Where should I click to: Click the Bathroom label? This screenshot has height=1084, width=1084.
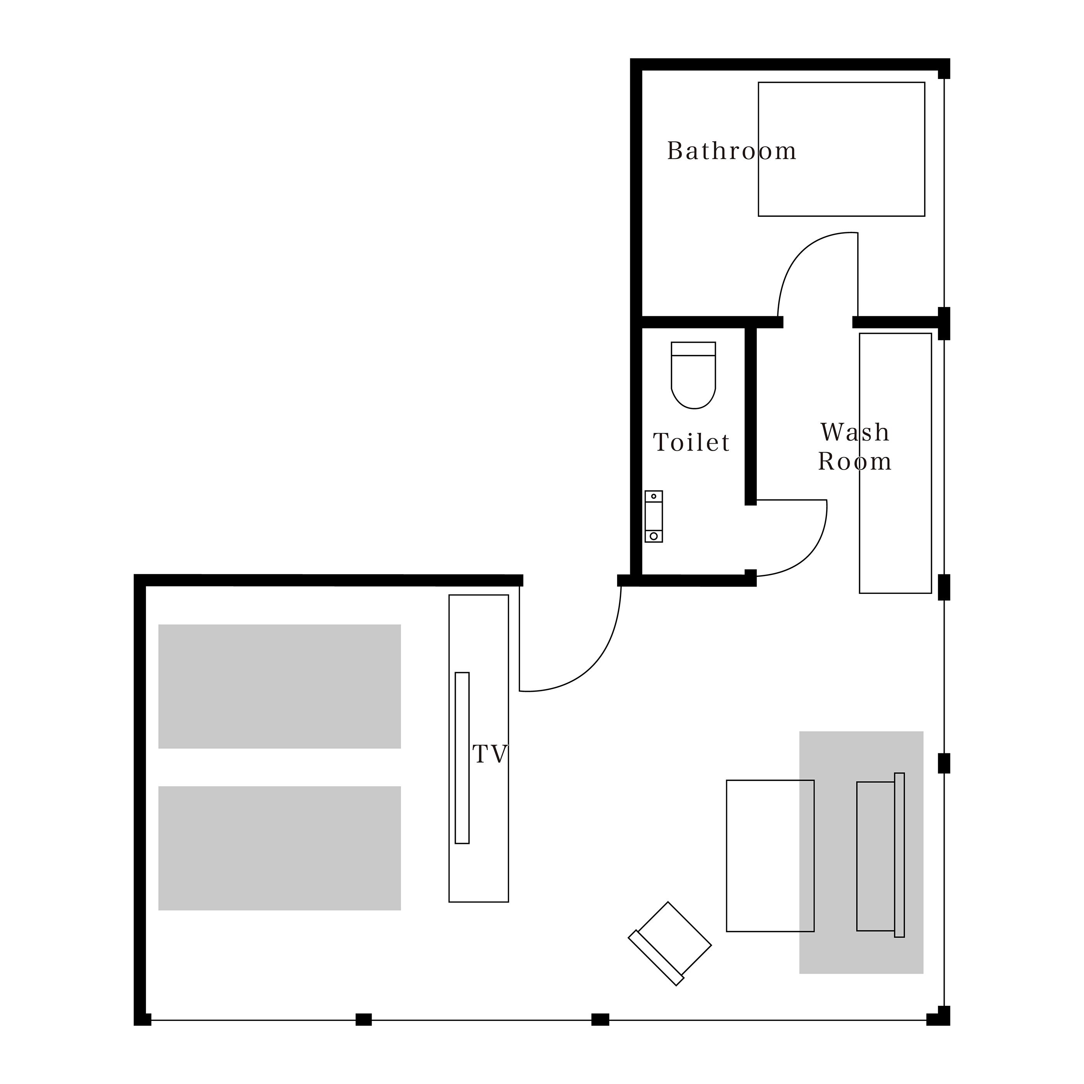tap(732, 151)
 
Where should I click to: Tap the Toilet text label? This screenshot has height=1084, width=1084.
tap(692, 442)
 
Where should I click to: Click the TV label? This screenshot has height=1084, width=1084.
tap(490, 754)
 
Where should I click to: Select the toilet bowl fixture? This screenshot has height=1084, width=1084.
tap(693, 375)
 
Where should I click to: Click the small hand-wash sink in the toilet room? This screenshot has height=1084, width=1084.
tap(653, 516)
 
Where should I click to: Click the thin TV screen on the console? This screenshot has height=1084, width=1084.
tap(462, 758)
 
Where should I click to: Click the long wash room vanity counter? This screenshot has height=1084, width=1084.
tap(895, 463)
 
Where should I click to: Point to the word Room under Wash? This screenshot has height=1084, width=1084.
tap(854, 461)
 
